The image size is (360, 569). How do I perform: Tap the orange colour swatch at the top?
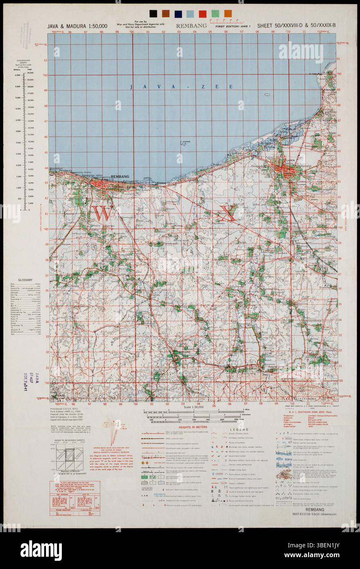click(228, 14)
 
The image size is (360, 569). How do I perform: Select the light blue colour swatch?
click(190, 14)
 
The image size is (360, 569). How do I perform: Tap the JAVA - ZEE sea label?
click(181, 87)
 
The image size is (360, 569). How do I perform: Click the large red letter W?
click(101, 213)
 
